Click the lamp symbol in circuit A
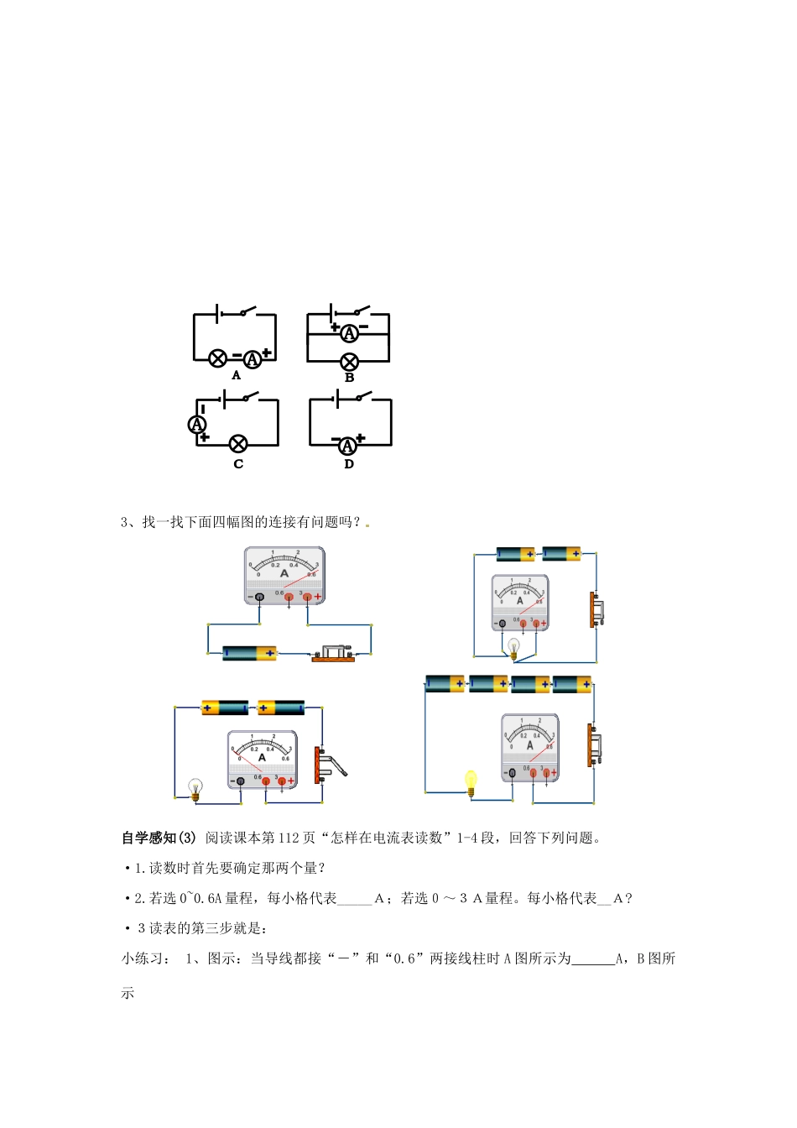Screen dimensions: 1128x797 (x=217, y=359)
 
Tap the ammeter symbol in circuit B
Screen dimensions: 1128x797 (x=349, y=333)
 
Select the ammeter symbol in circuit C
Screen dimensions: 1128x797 (x=197, y=425)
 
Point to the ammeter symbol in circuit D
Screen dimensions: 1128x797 (x=347, y=446)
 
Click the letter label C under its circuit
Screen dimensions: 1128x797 (x=238, y=464)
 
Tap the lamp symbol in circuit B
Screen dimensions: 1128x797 (x=349, y=362)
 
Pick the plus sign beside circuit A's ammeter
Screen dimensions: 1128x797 (x=268, y=353)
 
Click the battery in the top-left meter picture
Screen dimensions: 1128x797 (x=249, y=653)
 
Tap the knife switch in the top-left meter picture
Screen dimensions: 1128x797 (x=334, y=654)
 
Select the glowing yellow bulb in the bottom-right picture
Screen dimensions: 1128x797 (x=471, y=781)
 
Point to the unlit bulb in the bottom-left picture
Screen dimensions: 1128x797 (x=195, y=788)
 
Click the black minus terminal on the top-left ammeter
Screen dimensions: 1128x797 (x=259, y=597)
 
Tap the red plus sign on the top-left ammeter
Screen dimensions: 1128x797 (x=318, y=597)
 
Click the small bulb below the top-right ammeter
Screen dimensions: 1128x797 (x=513, y=646)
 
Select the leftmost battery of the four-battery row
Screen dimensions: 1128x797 (x=445, y=683)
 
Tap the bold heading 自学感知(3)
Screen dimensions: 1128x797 (x=159, y=838)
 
